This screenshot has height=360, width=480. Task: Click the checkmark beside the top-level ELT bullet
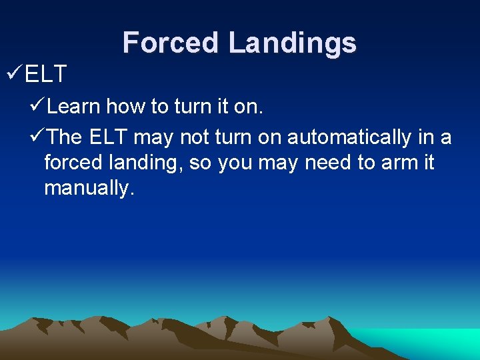tap(13, 74)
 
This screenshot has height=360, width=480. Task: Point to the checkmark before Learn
tap(38, 105)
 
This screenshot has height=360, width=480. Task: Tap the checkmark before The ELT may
tap(38, 137)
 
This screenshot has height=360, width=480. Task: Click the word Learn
tap(74, 106)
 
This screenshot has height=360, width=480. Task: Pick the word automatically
tap(349, 138)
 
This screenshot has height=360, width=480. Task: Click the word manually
tap(89, 189)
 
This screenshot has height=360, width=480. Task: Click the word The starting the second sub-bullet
tap(65, 138)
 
